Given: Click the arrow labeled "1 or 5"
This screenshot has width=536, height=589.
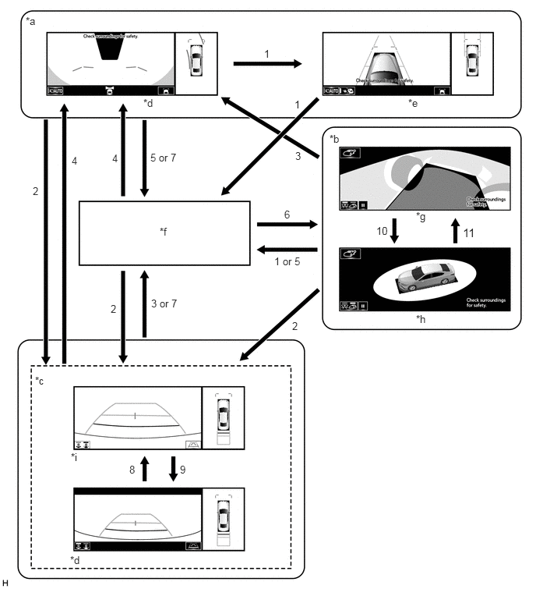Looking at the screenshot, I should [286, 250].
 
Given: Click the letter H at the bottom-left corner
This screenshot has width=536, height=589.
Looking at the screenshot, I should [6, 582].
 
